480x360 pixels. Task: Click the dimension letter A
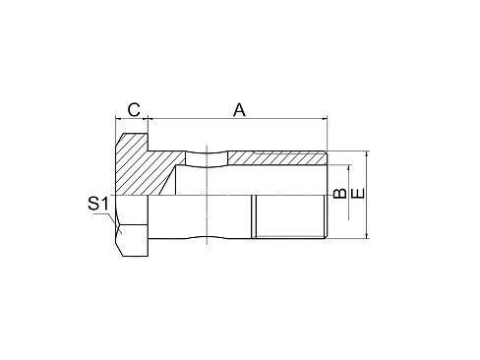click(238, 110)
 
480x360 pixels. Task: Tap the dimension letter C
click(133, 109)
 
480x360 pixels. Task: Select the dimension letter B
click(338, 194)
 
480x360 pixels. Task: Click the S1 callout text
click(95, 204)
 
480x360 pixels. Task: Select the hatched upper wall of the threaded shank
click(275, 158)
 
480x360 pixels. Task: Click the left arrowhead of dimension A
click(154, 119)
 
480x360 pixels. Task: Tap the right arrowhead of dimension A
click(322, 119)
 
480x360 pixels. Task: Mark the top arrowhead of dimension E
click(367, 154)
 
